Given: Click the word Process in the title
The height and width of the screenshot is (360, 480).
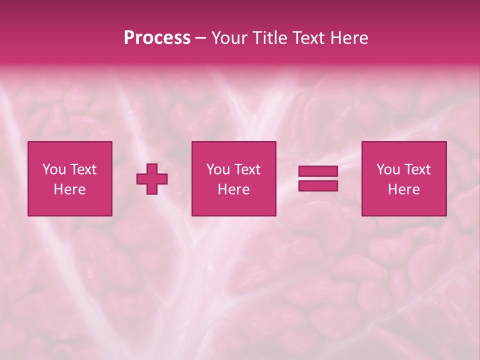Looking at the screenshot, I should pos(157,38).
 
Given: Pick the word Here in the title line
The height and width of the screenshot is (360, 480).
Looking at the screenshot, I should pos(349,38).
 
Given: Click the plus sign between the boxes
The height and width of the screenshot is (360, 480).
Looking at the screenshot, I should pos(152,178).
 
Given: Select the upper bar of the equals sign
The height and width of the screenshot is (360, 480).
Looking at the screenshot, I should pos(318,171).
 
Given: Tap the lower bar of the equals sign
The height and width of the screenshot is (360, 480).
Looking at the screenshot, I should pos(318,186).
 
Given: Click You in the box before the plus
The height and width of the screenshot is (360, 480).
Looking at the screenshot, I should pos(54,169).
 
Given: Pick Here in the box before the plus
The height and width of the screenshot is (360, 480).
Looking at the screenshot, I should pos(69,189).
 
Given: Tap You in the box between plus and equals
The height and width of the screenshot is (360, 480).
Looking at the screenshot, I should pos(218,169).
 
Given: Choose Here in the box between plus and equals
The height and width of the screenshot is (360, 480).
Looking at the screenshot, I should pos(233,189).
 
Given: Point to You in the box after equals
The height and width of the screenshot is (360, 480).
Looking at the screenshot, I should pos(388,169).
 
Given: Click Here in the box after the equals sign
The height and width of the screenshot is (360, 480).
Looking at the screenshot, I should pos(403,189).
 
